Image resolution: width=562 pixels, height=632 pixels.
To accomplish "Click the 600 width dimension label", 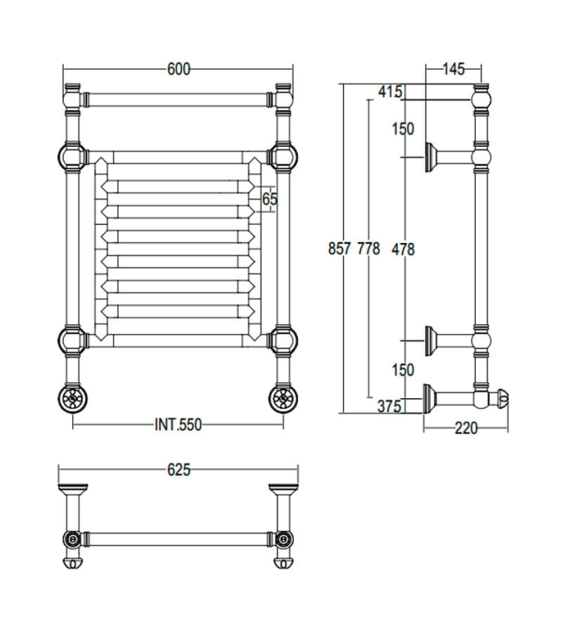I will click(178, 70).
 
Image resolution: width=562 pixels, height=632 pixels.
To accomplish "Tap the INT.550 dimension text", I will click(178, 425).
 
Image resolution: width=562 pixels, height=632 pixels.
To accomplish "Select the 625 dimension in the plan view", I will click(178, 470).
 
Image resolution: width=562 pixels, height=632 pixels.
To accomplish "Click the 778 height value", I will click(368, 248).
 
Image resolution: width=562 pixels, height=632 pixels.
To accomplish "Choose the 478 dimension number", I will click(403, 248).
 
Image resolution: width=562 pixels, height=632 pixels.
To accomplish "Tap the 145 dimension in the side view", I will click(452, 69).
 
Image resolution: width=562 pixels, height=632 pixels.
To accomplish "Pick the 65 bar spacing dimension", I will click(269, 199).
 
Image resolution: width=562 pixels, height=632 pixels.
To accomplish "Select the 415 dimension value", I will click(389, 92).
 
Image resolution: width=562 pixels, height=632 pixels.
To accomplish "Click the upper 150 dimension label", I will click(403, 129).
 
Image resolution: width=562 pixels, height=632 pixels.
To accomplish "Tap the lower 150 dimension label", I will click(403, 370).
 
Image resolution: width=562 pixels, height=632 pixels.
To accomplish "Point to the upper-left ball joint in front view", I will click(71, 155).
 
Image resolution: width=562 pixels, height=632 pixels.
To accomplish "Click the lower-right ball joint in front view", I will click(282, 339).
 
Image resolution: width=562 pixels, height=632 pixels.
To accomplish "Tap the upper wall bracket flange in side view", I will click(431, 156).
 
